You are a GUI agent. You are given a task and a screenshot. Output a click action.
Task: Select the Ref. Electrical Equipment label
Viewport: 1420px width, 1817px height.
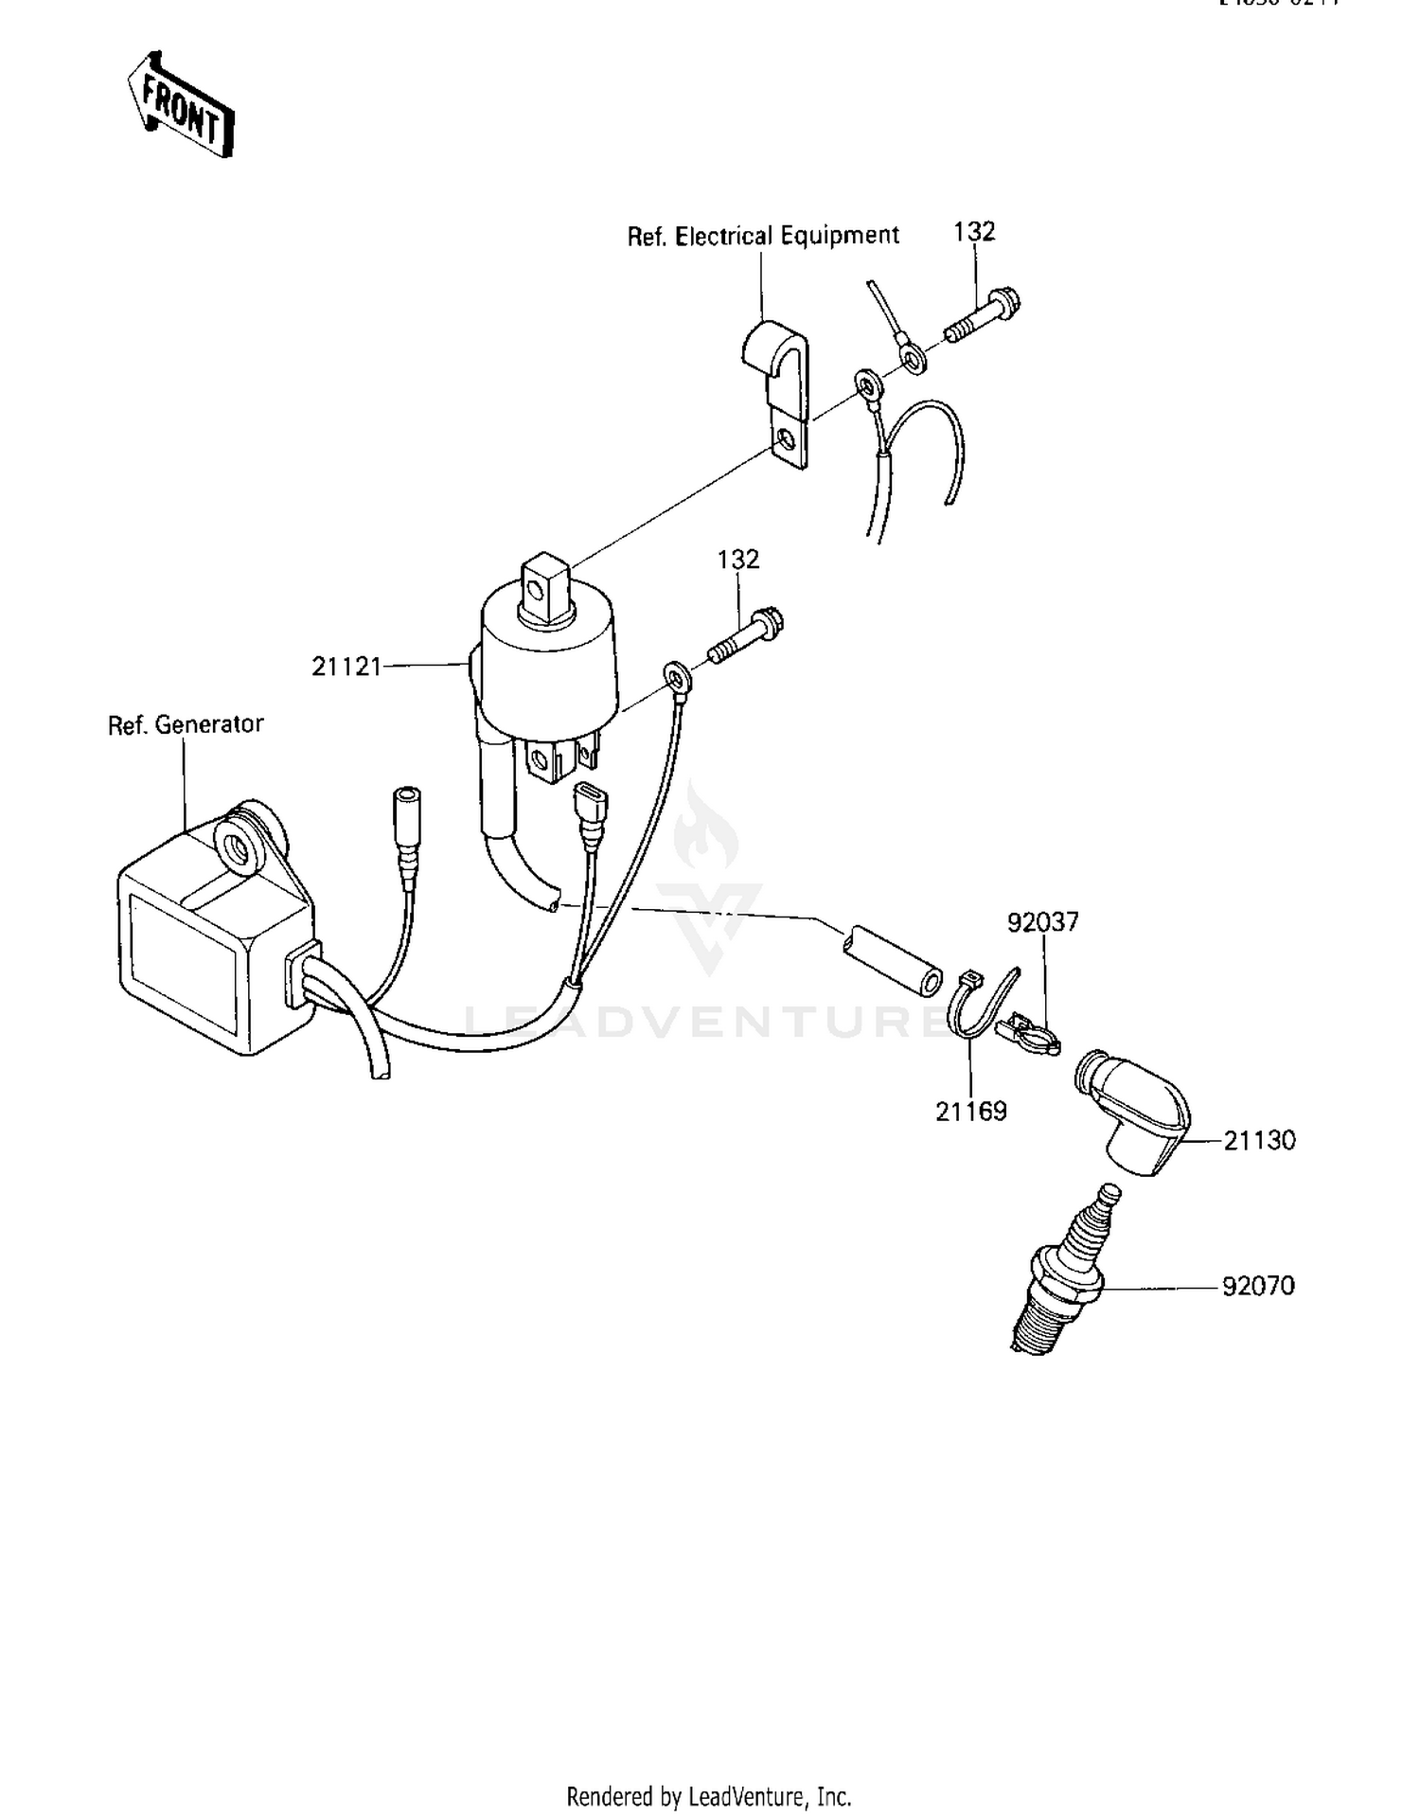click(763, 236)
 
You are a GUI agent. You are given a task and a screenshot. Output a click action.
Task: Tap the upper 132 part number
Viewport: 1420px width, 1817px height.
click(974, 232)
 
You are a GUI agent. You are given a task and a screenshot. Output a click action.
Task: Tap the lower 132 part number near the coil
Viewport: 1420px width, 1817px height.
click(737, 560)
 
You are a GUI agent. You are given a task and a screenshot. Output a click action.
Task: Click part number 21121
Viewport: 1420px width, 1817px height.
click(346, 667)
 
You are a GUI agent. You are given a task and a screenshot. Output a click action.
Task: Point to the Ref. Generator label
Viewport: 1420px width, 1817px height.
click(186, 724)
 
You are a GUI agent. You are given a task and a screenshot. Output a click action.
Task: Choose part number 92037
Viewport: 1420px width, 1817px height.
click(1042, 921)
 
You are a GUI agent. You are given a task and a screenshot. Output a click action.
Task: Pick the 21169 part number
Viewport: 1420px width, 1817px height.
click(970, 1112)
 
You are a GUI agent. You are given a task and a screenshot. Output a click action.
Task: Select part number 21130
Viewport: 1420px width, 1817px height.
click(1259, 1140)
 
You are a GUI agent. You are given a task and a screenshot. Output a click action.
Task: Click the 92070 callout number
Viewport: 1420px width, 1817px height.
click(1258, 1286)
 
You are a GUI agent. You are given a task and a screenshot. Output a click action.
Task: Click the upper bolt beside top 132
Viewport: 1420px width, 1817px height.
click(983, 317)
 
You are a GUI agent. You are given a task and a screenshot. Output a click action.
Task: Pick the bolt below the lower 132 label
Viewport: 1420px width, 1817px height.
click(746, 636)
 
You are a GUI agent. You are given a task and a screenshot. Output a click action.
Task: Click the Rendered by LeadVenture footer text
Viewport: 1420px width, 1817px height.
click(708, 1795)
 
